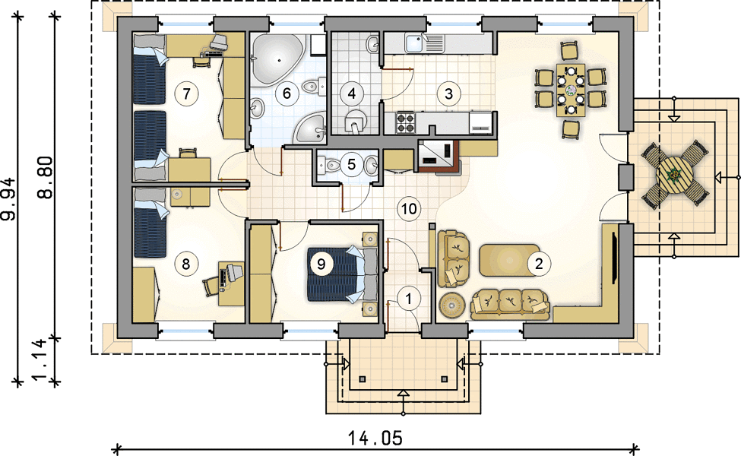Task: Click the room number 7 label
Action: click(186, 93)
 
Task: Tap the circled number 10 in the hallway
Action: click(409, 208)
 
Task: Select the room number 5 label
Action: click(351, 164)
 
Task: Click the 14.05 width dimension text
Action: click(375, 439)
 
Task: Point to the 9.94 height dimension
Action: click(9, 199)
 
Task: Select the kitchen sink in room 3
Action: click(416, 43)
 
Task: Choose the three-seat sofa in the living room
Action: click(510, 304)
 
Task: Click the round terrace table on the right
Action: click(674, 175)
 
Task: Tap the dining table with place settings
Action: click(571, 90)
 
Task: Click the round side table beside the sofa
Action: click(452, 306)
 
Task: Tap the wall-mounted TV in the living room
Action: click(614, 258)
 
